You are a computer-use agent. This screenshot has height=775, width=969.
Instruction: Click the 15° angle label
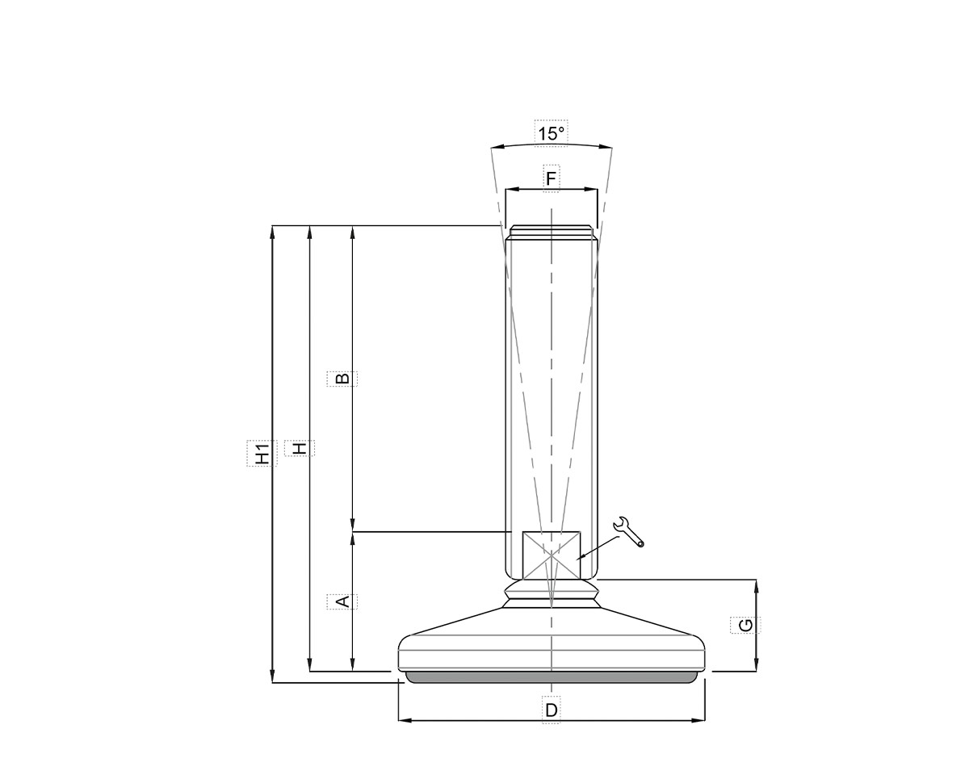[551, 133]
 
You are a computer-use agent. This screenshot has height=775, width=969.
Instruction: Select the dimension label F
[551, 178]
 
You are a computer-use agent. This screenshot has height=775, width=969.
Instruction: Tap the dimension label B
[342, 378]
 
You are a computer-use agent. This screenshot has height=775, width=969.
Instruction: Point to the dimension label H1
[262, 453]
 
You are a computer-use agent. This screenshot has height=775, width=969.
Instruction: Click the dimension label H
[300, 448]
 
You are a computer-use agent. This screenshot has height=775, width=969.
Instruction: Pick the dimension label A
[342, 601]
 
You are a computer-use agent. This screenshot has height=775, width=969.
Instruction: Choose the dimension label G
[745, 625]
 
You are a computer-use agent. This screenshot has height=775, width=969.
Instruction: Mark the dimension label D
[551, 710]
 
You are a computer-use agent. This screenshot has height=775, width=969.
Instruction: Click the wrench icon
[629, 532]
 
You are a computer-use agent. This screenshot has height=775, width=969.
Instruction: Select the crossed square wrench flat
[551, 555]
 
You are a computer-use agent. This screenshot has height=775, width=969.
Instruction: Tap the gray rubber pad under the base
[551, 677]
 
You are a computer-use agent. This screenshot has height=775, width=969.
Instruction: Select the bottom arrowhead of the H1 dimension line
[273, 677]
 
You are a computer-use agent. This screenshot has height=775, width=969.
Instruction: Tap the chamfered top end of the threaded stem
[551, 230]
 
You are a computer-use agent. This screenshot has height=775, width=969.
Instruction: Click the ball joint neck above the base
[551, 595]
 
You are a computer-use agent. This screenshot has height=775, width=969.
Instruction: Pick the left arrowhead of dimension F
[510, 191]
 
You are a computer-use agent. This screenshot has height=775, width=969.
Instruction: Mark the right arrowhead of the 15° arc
[608, 148]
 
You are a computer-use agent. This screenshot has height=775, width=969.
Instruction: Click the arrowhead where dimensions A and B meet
[352, 532]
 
